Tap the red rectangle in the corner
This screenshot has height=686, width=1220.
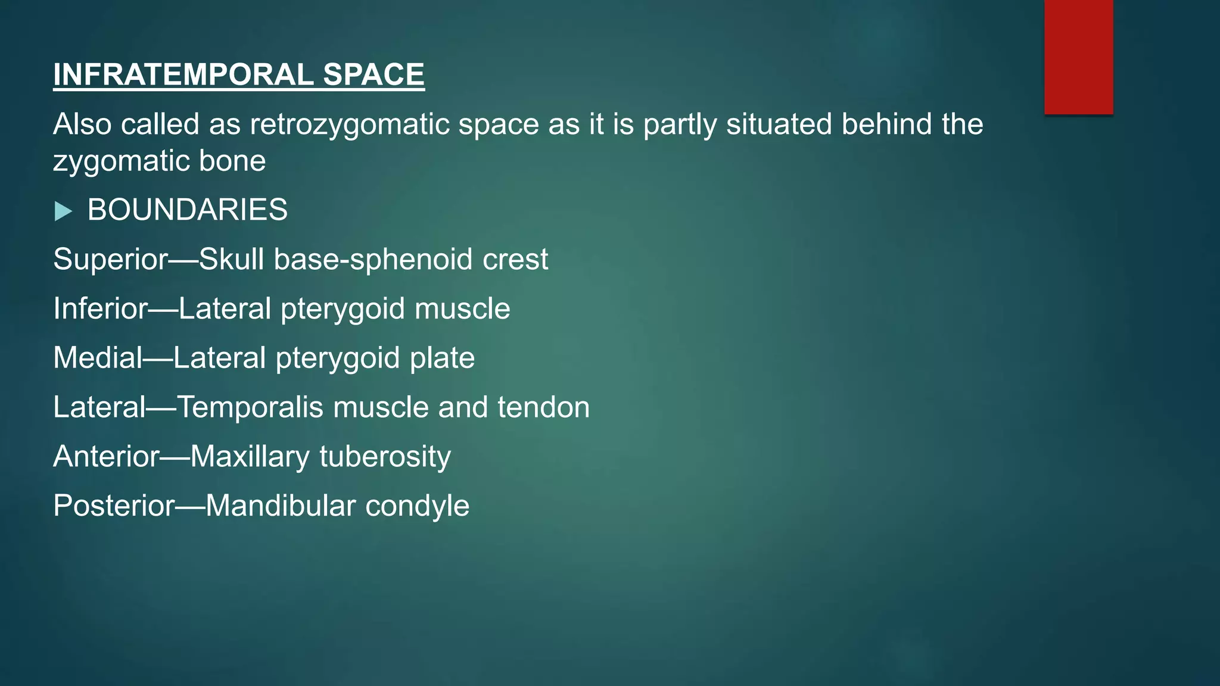tap(1078, 57)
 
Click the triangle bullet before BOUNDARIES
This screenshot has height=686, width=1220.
tap(63, 211)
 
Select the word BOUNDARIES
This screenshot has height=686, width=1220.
tap(187, 210)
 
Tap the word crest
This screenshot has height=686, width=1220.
tap(515, 260)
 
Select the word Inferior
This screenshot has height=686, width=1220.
tap(100, 309)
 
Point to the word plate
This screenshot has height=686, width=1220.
tap(442, 358)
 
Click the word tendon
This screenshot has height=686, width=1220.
tap(543, 408)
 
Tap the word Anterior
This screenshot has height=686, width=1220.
tap(106, 457)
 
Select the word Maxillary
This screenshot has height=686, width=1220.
tap(250, 457)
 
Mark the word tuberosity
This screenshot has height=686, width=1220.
tap(385, 457)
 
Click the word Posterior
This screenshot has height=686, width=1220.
tap(114, 506)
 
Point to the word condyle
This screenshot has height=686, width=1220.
tap(417, 506)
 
